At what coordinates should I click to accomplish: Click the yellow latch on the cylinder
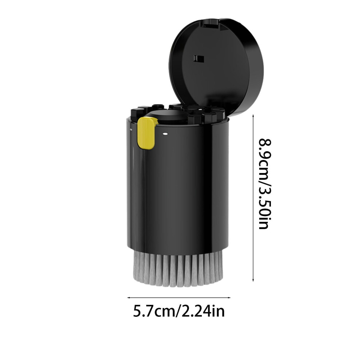pyautogui.click(x=147, y=133)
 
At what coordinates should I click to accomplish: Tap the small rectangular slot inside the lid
pyautogui.click(x=199, y=59)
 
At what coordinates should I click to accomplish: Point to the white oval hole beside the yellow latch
pyautogui.click(x=165, y=133)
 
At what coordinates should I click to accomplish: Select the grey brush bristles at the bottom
pyautogui.click(x=178, y=268)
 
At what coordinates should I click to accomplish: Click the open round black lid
pyautogui.click(x=216, y=67)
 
